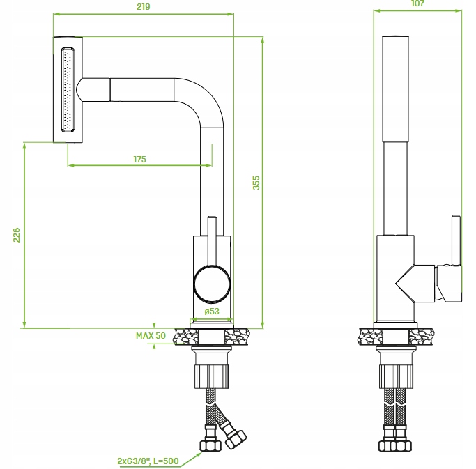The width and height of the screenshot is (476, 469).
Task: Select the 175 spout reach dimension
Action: [x=139, y=160]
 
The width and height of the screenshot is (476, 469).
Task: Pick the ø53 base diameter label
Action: [x=210, y=312]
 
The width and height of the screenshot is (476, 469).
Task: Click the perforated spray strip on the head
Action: [x=68, y=89]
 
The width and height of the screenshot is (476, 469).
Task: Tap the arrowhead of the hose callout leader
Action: [x=202, y=452]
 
